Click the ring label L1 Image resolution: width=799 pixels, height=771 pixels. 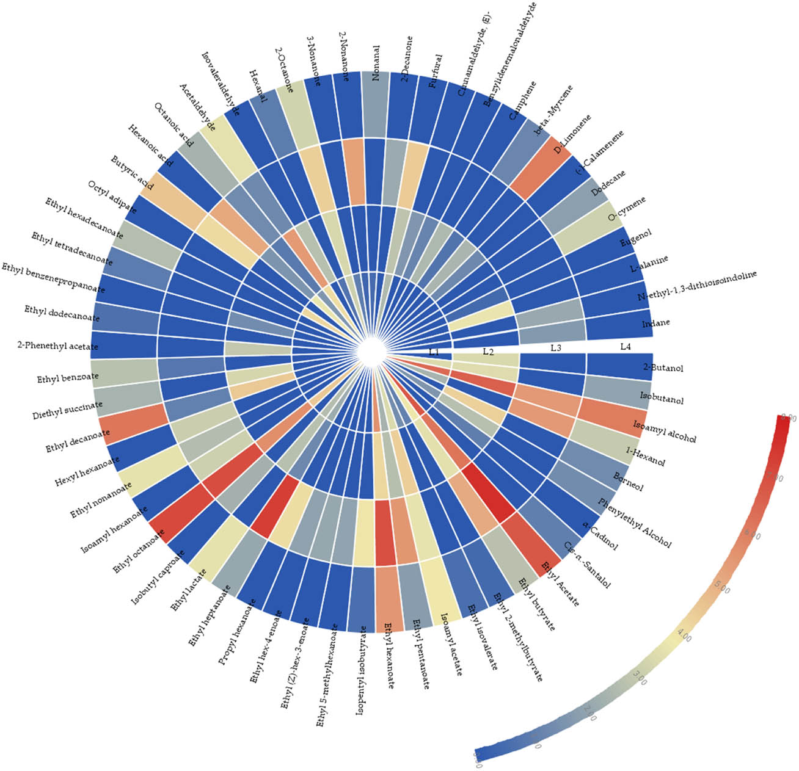point(434,352)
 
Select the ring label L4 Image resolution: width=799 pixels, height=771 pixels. point(625,347)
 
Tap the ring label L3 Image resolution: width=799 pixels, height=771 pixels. point(556,348)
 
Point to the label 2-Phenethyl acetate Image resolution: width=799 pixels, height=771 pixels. point(58,347)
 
